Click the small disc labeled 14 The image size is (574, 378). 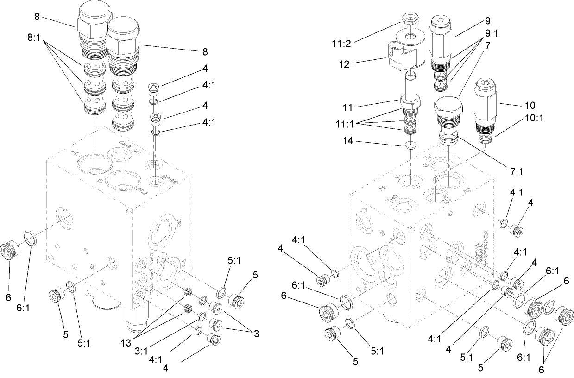pos(409,145)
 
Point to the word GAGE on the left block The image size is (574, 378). pos(169,179)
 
